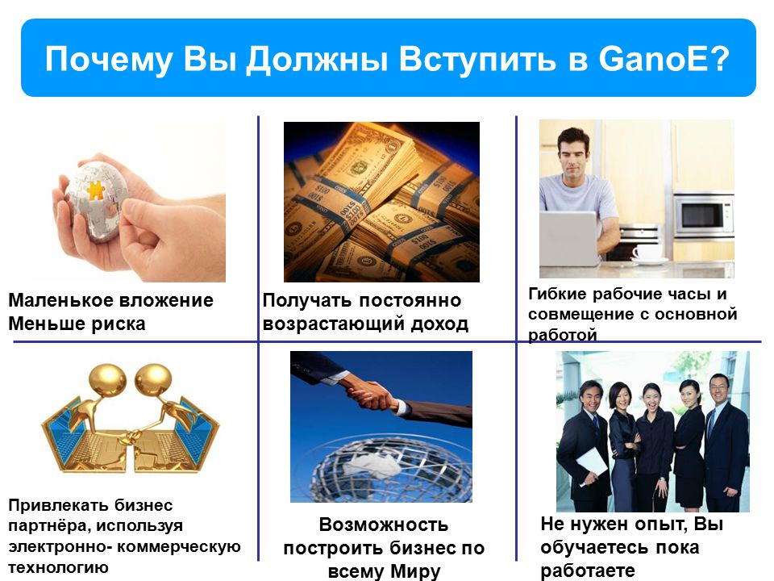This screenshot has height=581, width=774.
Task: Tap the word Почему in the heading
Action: (x=109, y=60)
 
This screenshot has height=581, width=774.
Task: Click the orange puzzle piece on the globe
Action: (x=96, y=190)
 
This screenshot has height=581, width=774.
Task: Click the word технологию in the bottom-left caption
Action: (x=58, y=567)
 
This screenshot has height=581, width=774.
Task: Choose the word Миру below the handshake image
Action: (x=415, y=571)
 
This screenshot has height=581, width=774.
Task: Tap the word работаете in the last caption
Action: (x=588, y=571)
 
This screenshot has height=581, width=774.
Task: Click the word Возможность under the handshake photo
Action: (x=384, y=525)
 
